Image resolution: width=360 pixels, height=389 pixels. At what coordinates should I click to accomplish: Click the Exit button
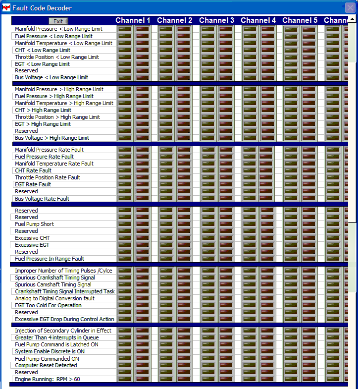[x=58, y=21]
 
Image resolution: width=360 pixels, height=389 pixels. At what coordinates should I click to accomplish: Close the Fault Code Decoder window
[x=350, y=7]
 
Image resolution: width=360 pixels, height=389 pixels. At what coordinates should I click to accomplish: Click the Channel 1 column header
[x=133, y=20]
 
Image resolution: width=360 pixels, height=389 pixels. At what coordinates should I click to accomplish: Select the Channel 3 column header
[x=216, y=20]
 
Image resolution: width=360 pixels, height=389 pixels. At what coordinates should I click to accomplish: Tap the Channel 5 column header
[x=300, y=20]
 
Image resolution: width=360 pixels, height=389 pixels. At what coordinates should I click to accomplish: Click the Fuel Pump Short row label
[x=34, y=224]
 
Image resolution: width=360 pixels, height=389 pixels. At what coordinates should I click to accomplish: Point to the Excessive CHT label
[x=32, y=238]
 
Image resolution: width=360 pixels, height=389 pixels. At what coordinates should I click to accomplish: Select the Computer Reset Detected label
[x=46, y=365]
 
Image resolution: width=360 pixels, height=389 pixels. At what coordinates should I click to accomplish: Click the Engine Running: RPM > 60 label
[x=47, y=379]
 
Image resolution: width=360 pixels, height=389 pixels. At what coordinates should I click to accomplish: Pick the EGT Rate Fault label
[x=33, y=184]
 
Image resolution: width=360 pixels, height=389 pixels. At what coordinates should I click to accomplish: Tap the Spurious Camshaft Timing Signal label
[x=53, y=284]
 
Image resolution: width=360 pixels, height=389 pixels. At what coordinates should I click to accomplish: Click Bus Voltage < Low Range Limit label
[x=51, y=77]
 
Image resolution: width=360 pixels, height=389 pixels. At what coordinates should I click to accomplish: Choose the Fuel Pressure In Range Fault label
[x=50, y=259]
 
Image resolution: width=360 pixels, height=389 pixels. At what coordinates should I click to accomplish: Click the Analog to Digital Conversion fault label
[x=54, y=298]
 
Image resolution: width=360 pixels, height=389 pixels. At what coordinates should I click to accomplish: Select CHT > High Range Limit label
[x=43, y=110]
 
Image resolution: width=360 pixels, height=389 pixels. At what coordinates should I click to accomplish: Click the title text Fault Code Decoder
[x=42, y=8]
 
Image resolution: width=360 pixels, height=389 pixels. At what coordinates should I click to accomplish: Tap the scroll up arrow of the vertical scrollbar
[x=352, y=19]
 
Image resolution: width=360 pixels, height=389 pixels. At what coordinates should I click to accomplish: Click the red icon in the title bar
[x=6, y=8]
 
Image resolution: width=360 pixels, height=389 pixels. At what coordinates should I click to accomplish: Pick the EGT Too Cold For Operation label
[x=48, y=305]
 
